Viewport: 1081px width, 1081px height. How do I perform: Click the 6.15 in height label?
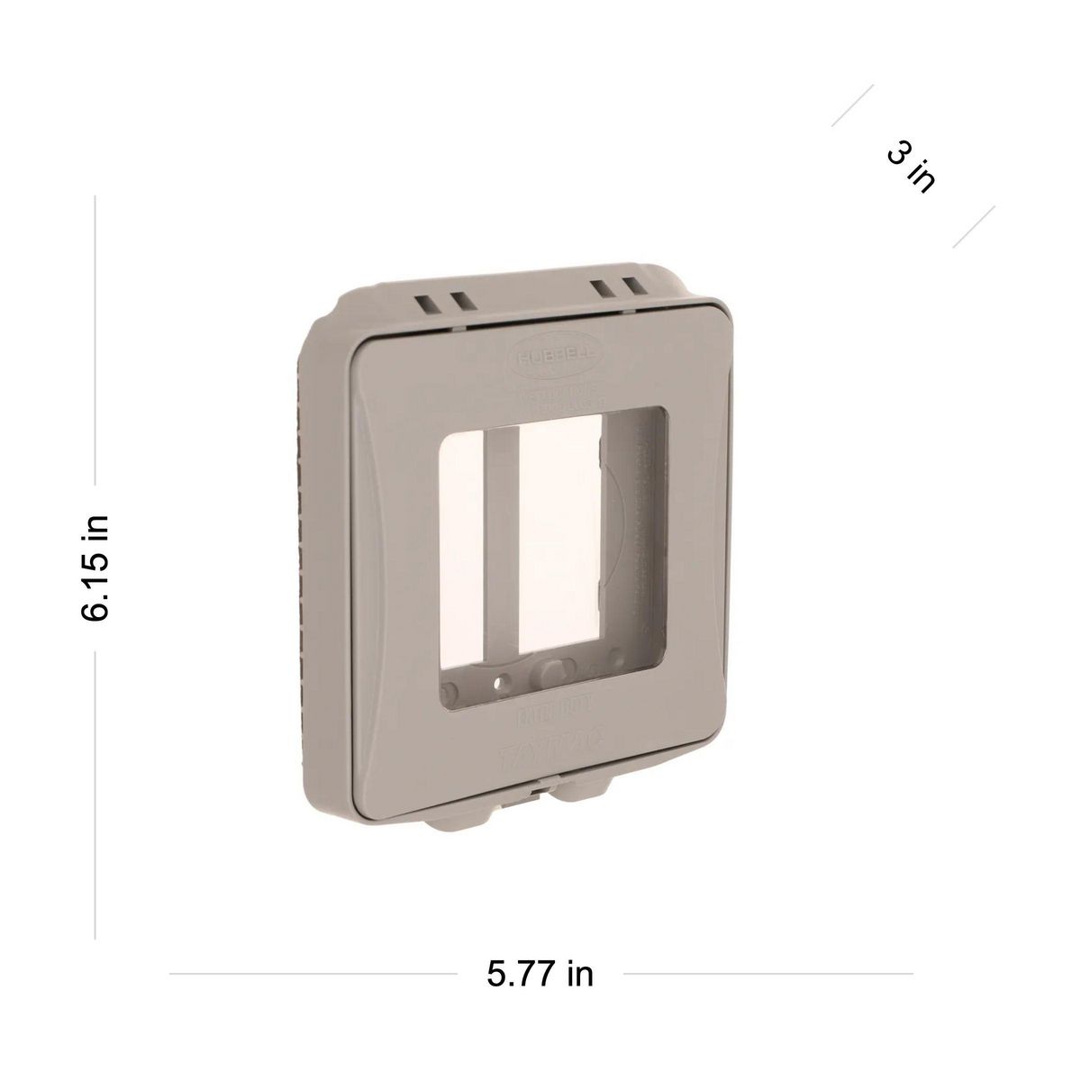point(95,568)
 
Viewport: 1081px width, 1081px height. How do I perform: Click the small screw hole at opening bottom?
point(504,677)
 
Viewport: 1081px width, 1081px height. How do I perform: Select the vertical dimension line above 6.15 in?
point(95,351)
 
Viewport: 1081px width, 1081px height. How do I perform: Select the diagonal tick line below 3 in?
point(974,226)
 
